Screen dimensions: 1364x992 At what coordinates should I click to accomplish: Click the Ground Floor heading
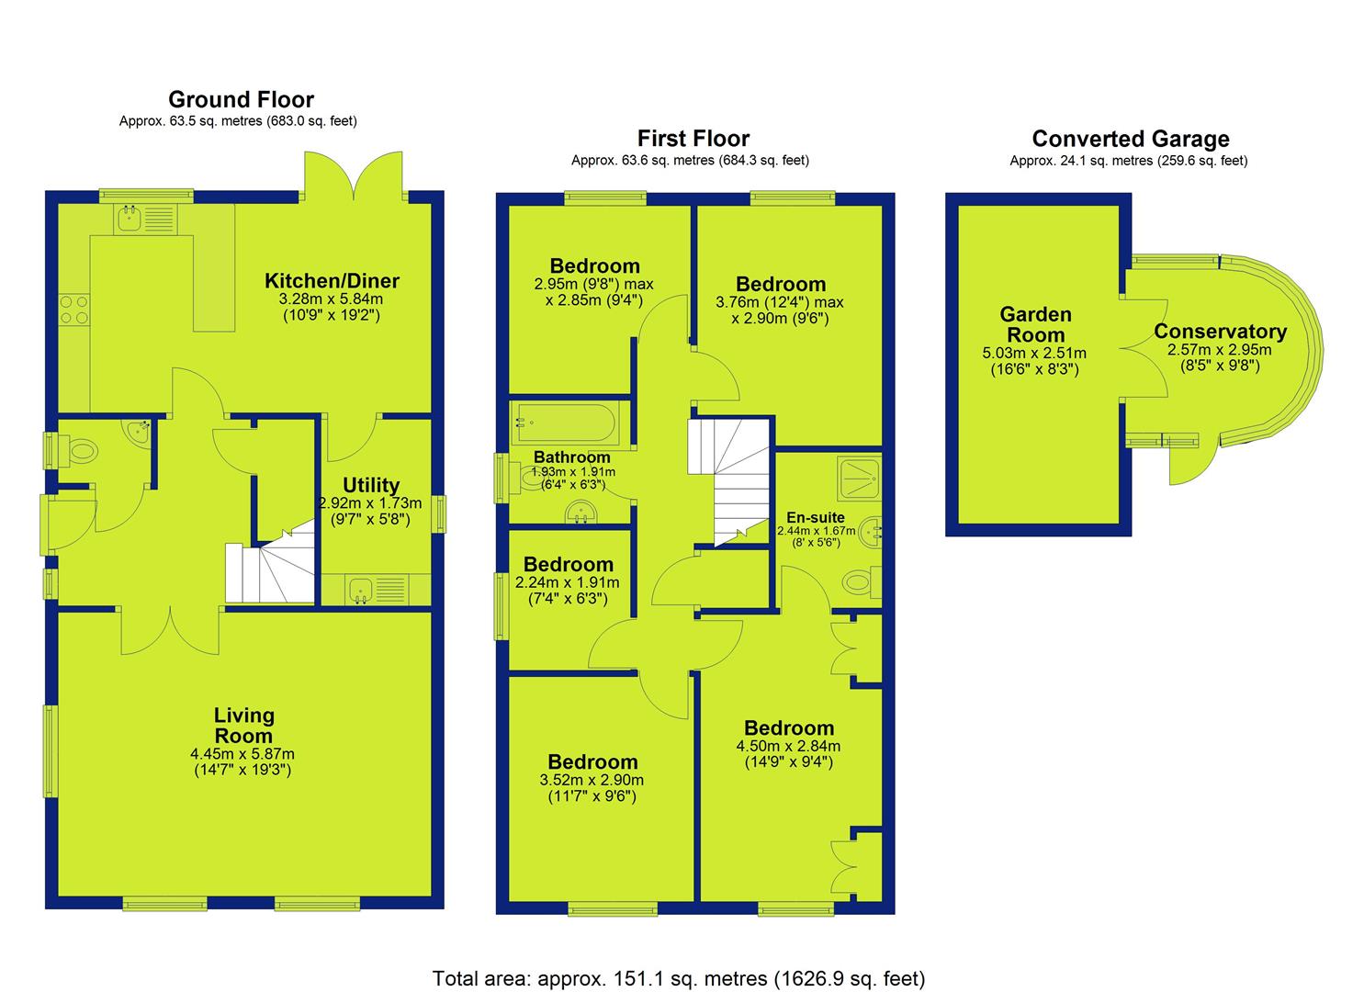242,99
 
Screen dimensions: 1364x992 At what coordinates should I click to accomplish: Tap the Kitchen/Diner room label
332,281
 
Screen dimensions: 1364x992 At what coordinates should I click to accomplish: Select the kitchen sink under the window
146,219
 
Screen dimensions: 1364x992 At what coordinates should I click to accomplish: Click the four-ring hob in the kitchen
74,310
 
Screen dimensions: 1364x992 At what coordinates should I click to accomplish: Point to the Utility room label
371,485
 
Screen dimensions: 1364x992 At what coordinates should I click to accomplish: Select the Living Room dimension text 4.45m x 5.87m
242,754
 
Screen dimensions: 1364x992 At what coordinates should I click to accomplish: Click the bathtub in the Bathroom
566,423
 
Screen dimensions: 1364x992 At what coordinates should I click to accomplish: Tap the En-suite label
816,518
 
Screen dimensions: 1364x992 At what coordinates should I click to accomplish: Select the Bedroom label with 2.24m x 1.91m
569,565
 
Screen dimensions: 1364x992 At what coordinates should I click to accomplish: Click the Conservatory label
1221,332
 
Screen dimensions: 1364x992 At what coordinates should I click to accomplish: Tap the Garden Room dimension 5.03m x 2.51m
1034,354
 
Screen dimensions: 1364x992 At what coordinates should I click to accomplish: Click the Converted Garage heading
1131,139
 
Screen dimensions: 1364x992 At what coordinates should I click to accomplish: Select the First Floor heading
693,139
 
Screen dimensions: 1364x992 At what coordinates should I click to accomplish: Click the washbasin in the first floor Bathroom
581,513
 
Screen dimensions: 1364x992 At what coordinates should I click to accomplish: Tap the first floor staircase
729,481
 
